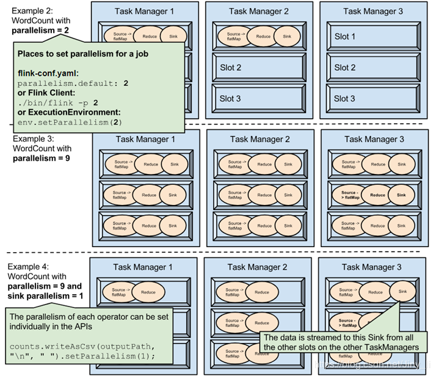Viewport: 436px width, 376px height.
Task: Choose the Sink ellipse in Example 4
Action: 402,292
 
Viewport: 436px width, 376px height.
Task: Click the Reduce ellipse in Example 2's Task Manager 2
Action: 263,37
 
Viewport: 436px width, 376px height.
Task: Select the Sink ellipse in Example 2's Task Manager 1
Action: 171,37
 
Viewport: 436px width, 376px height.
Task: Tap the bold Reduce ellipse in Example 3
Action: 378,195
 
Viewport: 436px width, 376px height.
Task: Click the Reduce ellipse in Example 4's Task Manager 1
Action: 148,292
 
